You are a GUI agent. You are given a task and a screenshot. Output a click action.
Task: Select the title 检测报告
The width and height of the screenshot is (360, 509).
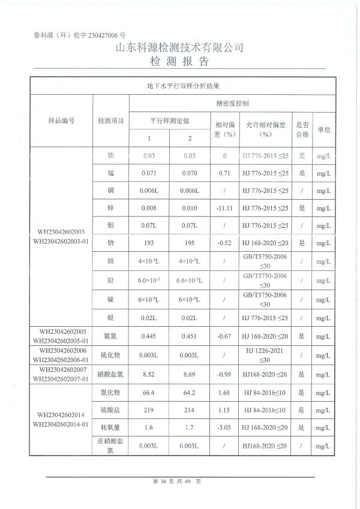click(x=179, y=62)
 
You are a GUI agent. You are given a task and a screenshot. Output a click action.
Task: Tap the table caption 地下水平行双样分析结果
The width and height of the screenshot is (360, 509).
click(x=180, y=86)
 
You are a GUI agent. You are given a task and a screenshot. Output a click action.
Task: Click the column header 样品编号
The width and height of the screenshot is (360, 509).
click(x=61, y=121)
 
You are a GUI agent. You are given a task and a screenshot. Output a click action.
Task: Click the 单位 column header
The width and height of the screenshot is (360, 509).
click(x=323, y=129)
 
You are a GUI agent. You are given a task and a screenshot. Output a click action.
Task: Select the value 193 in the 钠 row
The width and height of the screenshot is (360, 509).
click(x=149, y=243)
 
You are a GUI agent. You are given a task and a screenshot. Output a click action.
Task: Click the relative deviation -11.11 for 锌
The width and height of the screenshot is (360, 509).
click(x=224, y=208)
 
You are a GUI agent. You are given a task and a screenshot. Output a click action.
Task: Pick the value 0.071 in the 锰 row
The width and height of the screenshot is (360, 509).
click(x=149, y=173)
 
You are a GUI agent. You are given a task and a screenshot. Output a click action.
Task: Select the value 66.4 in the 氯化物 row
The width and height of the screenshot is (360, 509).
click(x=149, y=393)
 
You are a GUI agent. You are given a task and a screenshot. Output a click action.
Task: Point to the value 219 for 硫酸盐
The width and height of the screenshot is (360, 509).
click(x=149, y=410)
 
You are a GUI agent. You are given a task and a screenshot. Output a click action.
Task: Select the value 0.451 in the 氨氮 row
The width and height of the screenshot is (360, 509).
click(x=190, y=336)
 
